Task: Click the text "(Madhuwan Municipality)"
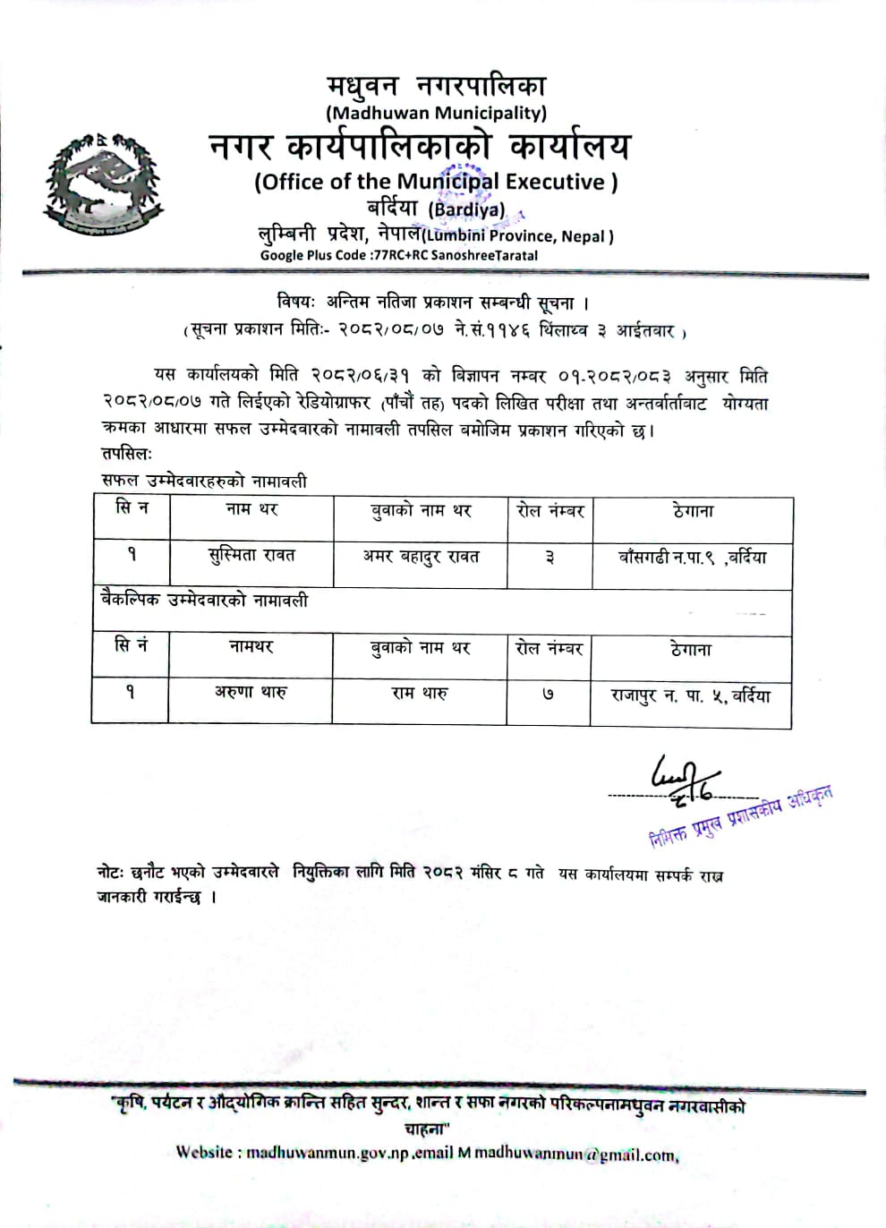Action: tap(436, 113)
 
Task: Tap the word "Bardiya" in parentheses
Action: tap(466, 209)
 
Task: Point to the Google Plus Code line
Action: tap(399, 255)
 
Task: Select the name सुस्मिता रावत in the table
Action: tap(251, 556)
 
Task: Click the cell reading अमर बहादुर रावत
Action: tap(421, 557)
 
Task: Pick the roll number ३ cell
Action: tap(549, 558)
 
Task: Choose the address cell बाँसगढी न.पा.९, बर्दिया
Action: tap(692, 558)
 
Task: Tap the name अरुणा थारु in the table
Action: tap(251, 692)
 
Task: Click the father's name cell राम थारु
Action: tap(419, 693)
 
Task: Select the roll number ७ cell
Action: tap(548, 694)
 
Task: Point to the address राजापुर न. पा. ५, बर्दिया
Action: tap(690, 695)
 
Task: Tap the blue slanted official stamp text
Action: tap(741, 816)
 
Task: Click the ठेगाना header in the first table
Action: tap(693, 511)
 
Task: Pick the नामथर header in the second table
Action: tap(251, 646)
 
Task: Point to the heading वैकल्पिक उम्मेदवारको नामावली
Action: tap(204, 601)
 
